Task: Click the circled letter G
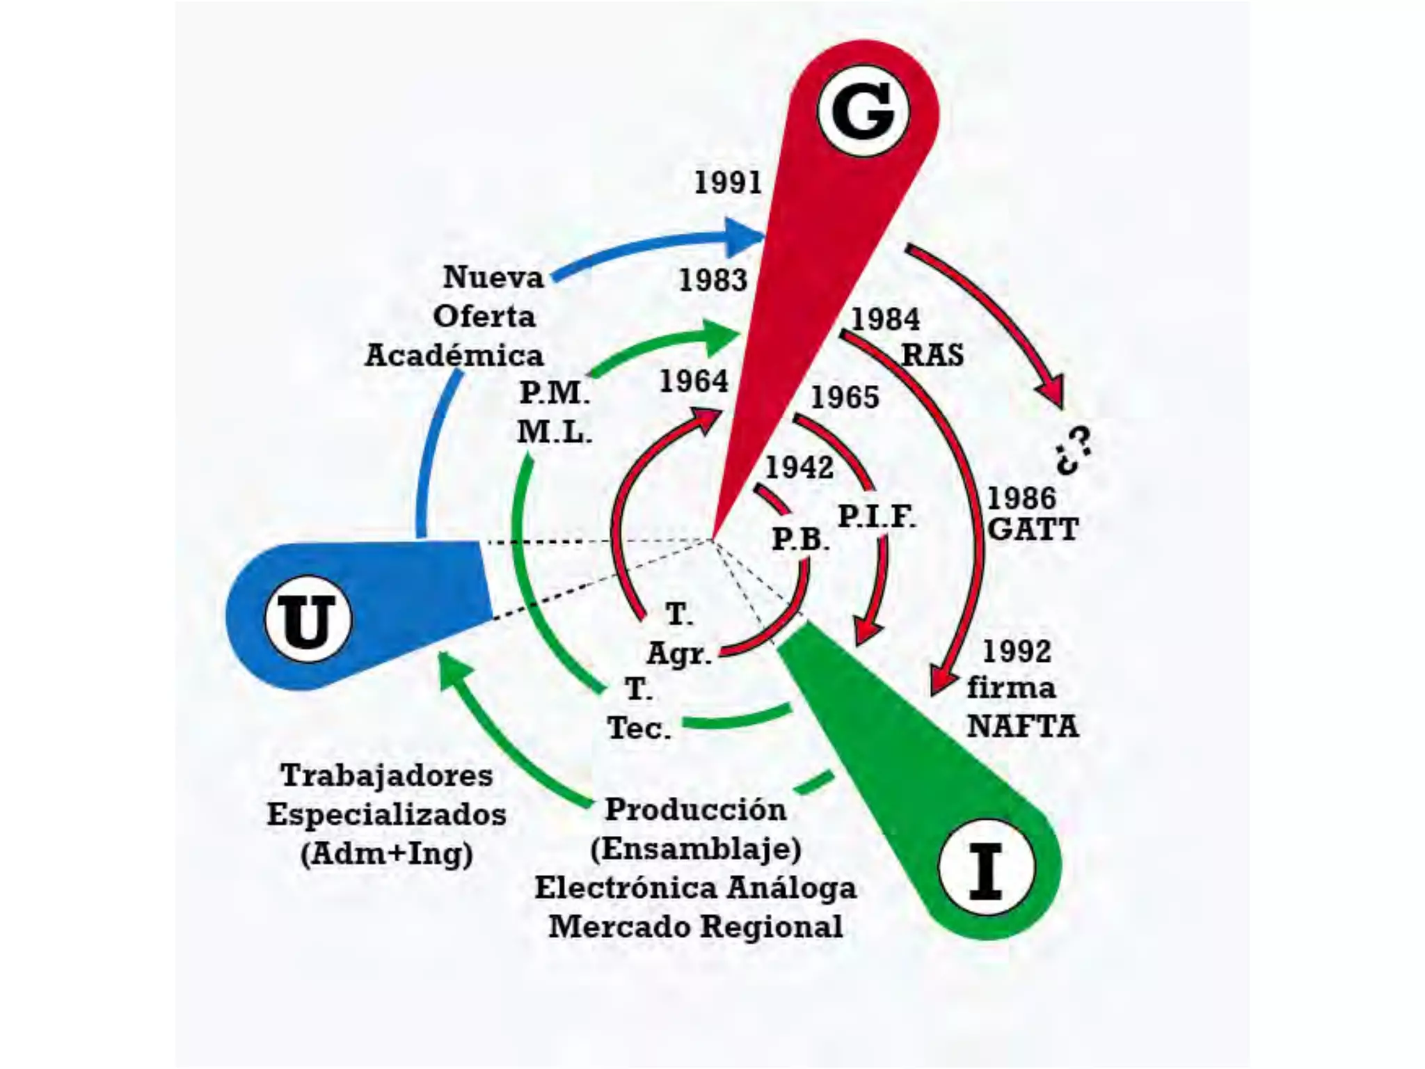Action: tap(863, 111)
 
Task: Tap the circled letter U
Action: tap(308, 619)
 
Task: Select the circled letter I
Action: tap(986, 868)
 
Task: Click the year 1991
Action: tap(728, 182)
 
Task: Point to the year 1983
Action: tap(712, 280)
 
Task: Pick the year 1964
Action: tap(694, 381)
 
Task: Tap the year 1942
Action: tap(799, 467)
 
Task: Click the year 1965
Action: tap(845, 397)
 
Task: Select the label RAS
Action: tap(932, 355)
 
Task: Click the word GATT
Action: tap(1033, 530)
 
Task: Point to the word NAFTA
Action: tap(1022, 727)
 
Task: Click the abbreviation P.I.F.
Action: tap(876, 516)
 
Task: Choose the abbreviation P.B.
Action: tap(800, 539)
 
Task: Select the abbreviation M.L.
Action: tap(554, 432)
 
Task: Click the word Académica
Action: tap(454, 356)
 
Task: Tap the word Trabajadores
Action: tap(387, 775)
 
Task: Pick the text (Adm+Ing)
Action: tap(387, 853)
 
